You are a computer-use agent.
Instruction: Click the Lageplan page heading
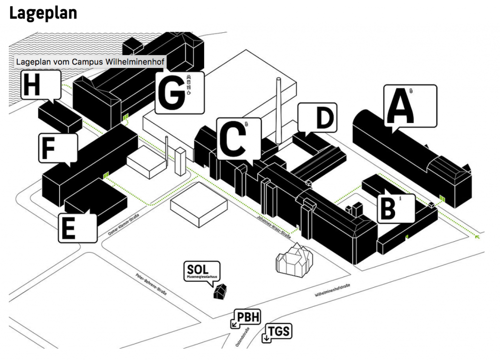(x=43, y=13)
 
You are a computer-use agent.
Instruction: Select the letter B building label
(x=388, y=209)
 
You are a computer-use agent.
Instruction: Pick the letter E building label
(x=69, y=229)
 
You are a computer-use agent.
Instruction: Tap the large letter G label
(x=170, y=93)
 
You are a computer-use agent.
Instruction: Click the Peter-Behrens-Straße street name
(x=151, y=284)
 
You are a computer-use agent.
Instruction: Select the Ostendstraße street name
(x=243, y=339)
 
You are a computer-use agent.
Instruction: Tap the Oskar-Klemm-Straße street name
(x=124, y=228)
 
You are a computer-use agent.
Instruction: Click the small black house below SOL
(x=219, y=292)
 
